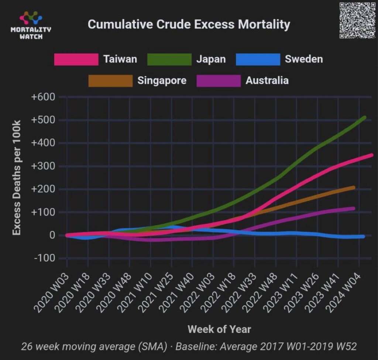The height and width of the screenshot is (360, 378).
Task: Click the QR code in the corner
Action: click(357, 20)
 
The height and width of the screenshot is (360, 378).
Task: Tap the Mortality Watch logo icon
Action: click(31, 18)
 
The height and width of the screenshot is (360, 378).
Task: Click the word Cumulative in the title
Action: click(120, 24)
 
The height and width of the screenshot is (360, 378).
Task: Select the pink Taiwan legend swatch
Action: click(76, 59)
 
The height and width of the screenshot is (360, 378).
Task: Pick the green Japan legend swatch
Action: click(169, 59)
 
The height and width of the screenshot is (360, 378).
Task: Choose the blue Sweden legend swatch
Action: click(258, 59)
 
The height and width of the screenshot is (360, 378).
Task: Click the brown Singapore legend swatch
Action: click(110, 81)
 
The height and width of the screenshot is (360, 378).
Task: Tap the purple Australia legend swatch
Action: click(219, 81)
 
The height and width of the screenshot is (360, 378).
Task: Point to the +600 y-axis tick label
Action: click(43, 97)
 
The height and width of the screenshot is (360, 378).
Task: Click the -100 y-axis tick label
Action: click(45, 258)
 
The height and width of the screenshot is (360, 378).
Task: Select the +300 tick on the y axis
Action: click(43, 166)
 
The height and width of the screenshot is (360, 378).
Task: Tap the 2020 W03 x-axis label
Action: click(51, 293)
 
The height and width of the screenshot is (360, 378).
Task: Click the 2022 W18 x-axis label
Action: click(219, 293)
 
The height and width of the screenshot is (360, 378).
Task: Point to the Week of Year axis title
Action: click(219, 329)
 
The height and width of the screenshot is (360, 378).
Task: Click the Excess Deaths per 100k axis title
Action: click(17, 177)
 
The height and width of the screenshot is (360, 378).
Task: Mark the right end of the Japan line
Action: click(364, 118)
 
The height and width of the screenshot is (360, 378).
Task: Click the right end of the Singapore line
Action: click(353, 188)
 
